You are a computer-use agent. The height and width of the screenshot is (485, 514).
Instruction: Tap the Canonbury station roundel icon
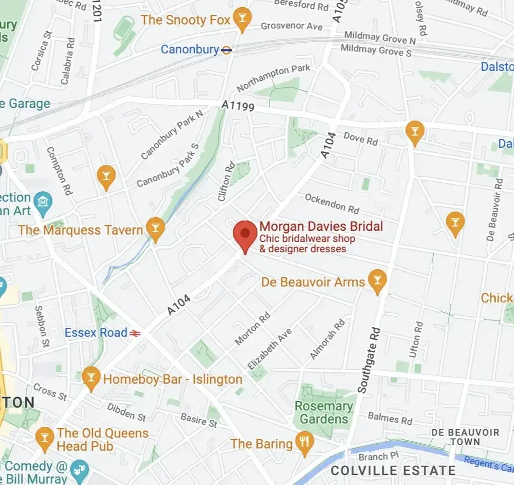click(227, 50)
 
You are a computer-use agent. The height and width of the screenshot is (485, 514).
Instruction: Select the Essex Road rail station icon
click(135, 333)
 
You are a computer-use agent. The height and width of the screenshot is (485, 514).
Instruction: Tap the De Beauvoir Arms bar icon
click(377, 281)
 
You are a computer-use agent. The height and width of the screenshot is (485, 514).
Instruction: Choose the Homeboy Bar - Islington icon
click(90, 378)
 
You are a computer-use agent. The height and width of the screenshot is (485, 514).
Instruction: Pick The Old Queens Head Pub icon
click(45, 439)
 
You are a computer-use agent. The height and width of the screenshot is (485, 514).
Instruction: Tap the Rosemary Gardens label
click(324, 412)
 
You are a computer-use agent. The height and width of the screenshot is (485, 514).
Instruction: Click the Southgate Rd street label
click(369, 361)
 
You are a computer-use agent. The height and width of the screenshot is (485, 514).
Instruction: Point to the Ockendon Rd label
click(332, 203)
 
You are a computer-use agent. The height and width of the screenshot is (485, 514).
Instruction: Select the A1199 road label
click(238, 105)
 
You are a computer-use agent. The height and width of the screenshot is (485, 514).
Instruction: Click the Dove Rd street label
click(361, 139)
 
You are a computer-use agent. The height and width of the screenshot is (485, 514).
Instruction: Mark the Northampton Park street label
click(274, 78)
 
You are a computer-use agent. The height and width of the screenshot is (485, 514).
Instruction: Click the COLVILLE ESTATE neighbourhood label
click(393, 470)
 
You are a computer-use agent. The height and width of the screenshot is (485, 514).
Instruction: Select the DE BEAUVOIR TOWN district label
click(465, 436)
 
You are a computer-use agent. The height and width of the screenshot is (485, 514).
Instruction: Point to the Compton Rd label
click(59, 171)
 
